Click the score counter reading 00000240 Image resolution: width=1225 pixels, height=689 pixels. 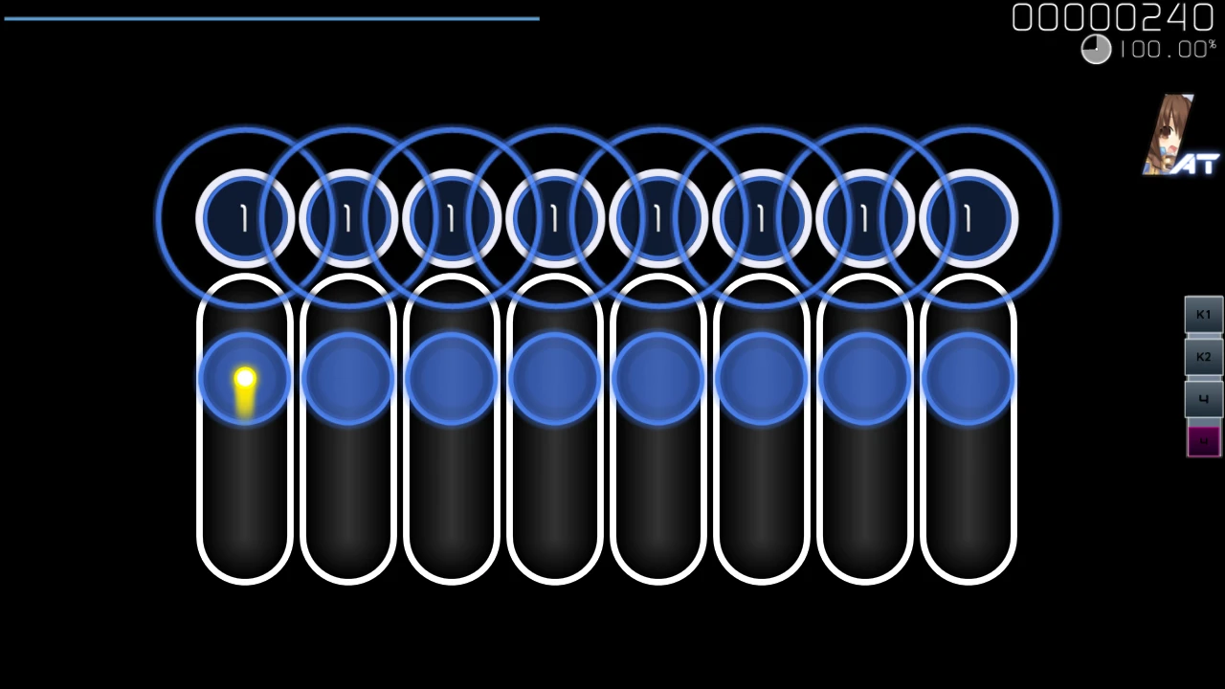(x=1112, y=17)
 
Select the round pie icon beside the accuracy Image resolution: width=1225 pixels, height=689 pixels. (x=1096, y=50)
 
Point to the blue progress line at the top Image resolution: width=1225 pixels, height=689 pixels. (x=272, y=18)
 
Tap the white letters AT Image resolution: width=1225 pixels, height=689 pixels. (x=1196, y=165)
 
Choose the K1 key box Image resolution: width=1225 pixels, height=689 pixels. (x=1203, y=315)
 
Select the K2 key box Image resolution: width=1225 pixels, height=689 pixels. (x=1203, y=357)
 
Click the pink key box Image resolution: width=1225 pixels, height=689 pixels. (x=1203, y=441)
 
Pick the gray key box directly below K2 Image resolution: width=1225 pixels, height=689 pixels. (x=1203, y=399)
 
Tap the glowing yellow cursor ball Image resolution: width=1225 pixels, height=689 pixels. (x=244, y=380)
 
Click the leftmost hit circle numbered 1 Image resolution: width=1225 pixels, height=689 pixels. (x=244, y=219)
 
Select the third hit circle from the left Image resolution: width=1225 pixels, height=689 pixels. (x=451, y=219)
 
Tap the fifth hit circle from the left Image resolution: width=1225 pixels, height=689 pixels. (x=657, y=219)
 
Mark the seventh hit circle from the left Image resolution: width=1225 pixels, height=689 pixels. (x=864, y=219)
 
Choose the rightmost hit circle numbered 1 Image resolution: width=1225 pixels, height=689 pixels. (x=968, y=219)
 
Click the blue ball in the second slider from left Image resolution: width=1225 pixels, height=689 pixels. (x=347, y=379)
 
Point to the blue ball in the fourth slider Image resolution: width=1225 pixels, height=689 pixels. (x=554, y=379)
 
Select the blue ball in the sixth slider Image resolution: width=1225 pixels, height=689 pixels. (x=761, y=379)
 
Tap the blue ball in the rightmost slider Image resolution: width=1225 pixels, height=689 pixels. (x=968, y=379)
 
